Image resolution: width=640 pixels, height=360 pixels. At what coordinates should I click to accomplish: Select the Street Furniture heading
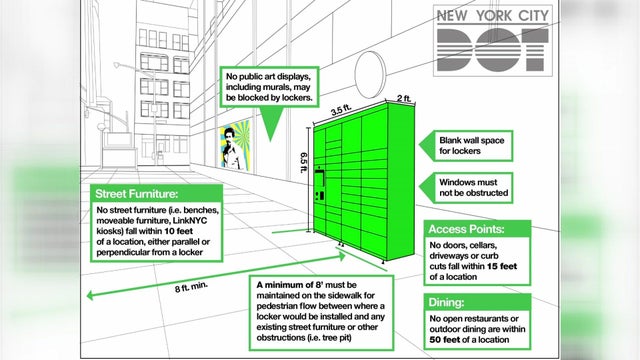tap(138, 193)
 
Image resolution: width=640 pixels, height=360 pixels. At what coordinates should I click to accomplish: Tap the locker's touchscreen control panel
tap(321, 184)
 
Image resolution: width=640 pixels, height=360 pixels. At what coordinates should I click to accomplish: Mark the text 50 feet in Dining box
tap(443, 340)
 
